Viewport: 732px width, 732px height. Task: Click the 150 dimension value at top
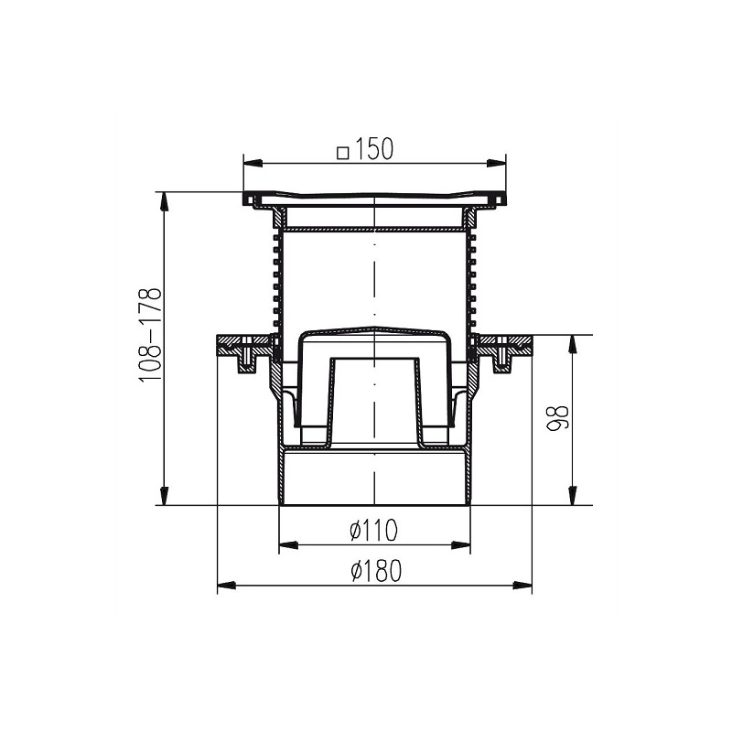click(x=374, y=149)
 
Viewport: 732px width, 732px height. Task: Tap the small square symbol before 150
click(x=343, y=153)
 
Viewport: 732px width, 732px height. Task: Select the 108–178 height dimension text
click(x=151, y=335)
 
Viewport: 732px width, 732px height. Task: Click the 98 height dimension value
click(x=558, y=418)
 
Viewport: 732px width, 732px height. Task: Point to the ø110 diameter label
click(x=373, y=531)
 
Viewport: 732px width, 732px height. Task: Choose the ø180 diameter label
click(x=376, y=571)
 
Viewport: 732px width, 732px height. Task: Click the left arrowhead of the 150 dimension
click(x=253, y=163)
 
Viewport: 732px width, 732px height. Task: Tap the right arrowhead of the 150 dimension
click(x=497, y=163)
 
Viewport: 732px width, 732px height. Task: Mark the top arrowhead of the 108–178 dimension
click(x=164, y=201)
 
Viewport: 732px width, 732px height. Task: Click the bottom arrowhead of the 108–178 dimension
click(x=164, y=496)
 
